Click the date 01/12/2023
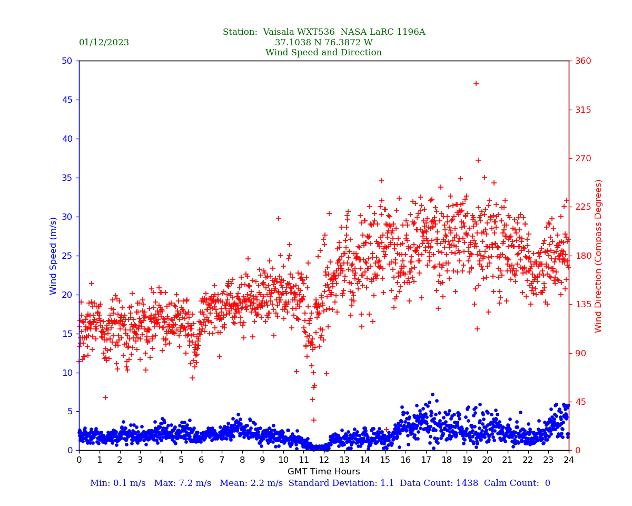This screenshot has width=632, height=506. coord(104,43)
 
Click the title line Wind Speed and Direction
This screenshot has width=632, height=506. coord(323,53)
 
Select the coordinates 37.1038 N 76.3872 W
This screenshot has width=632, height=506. coord(323,43)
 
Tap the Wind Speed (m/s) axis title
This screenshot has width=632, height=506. coord(54,256)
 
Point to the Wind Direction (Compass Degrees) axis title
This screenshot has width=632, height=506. coord(598,256)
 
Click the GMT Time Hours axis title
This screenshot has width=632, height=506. coord(323,472)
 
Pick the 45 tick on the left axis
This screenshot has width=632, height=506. coord(66,100)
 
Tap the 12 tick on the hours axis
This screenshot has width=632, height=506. coord(324,460)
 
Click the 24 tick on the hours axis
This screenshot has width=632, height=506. coord(569,460)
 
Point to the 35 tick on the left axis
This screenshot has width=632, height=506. coord(66,178)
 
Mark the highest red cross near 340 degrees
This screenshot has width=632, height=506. coord(476,83)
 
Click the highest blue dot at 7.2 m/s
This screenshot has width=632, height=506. coord(432,394)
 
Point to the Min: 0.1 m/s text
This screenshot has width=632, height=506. coord(117,483)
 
